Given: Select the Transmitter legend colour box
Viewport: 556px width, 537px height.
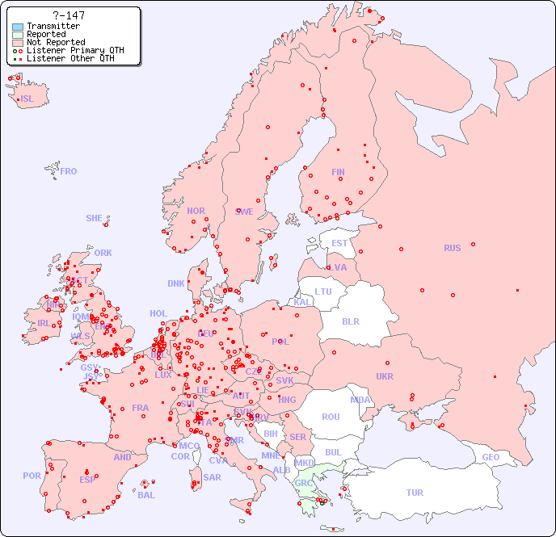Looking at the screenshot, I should tap(18, 27).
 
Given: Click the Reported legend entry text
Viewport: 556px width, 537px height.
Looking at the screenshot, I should tap(46, 35).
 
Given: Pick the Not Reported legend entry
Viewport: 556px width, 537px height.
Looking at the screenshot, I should tap(55, 43).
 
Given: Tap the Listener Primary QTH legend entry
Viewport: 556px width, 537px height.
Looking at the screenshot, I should tap(74, 50).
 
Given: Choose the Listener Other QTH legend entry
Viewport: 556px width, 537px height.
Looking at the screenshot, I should tap(69, 58).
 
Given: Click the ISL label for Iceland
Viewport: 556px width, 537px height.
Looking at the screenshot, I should tap(27, 99).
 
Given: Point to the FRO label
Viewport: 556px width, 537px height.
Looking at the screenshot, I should tap(68, 171).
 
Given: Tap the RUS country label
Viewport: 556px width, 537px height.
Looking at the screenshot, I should tap(452, 248).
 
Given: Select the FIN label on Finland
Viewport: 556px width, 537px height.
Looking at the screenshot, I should tap(338, 172).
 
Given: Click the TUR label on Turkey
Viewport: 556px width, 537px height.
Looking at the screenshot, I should tap(415, 493).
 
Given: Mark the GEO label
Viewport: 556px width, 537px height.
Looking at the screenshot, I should tap(491, 457).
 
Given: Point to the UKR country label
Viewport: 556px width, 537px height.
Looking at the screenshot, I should tap(385, 376).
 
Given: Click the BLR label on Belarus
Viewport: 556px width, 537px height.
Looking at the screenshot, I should tap(350, 321).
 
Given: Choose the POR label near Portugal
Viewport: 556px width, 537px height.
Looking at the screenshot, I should tap(32, 476).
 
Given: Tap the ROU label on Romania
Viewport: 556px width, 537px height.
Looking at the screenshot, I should tap(331, 417).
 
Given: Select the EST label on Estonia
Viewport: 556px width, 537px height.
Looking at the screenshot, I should tap(339, 243).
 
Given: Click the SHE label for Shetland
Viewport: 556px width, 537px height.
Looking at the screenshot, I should tap(95, 218).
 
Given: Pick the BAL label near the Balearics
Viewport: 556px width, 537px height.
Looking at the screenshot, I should tap(145, 495).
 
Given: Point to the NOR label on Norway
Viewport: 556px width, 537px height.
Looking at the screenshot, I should tap(196, 211).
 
